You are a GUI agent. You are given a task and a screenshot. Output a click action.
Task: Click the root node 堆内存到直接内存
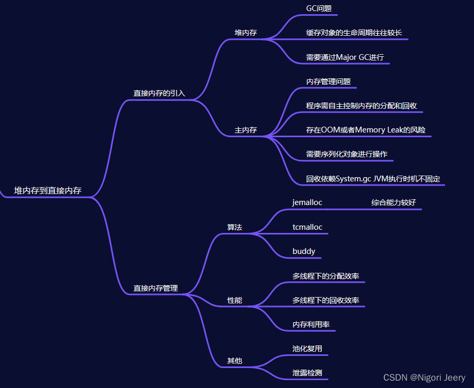coord(47,190)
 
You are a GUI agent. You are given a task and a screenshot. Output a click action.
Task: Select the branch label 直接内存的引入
coord(159,93)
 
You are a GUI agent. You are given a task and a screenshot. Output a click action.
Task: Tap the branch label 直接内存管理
coord(155,288)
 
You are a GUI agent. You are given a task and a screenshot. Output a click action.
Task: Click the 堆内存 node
coord(245,33)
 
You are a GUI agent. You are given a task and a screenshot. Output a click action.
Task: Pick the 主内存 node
coord(245,130)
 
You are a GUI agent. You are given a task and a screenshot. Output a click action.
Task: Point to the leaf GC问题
coord(319,8)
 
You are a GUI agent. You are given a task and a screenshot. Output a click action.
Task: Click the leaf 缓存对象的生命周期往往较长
coord(354,33)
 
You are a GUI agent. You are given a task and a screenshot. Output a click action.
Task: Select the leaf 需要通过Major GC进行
coord(345,57)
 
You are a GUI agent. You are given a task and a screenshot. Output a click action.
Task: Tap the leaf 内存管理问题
coord(328,81)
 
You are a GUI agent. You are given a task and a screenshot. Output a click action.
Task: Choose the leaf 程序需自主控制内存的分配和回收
coord(361,106)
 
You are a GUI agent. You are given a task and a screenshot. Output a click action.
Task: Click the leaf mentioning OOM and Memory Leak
coord(366,130)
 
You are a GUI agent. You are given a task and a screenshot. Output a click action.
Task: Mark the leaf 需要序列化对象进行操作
coord(347,154)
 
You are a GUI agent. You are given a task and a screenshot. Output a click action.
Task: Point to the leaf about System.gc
coord(373,179)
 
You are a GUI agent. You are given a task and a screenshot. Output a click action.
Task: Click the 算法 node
coord(234,227)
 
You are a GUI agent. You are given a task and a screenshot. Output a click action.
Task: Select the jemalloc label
coord(307,202)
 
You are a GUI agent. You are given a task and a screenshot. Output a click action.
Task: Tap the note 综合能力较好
coord(393,202)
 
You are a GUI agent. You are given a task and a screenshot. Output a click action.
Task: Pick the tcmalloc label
coord(307,227)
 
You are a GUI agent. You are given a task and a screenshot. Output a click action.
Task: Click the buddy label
coord(304,251)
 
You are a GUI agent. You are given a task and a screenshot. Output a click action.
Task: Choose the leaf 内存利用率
coord(311,324)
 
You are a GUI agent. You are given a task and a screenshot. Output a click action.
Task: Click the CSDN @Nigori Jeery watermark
coord(424,377)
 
